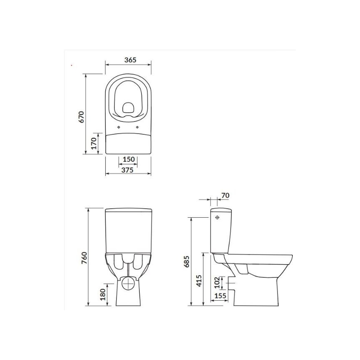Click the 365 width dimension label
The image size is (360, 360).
tap(130, 60)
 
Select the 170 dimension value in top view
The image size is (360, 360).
tap(94, 143)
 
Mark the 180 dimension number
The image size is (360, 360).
tap(103, 295)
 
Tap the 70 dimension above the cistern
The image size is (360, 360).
tap(226, 195)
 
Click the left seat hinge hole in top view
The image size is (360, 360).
tap(119, 127)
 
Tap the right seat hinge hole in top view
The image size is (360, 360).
tap(138, 127)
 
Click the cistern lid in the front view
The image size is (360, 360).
tap(128, 209)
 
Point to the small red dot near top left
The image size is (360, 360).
tap(72, 65)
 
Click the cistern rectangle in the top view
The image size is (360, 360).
tap(128, 143)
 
